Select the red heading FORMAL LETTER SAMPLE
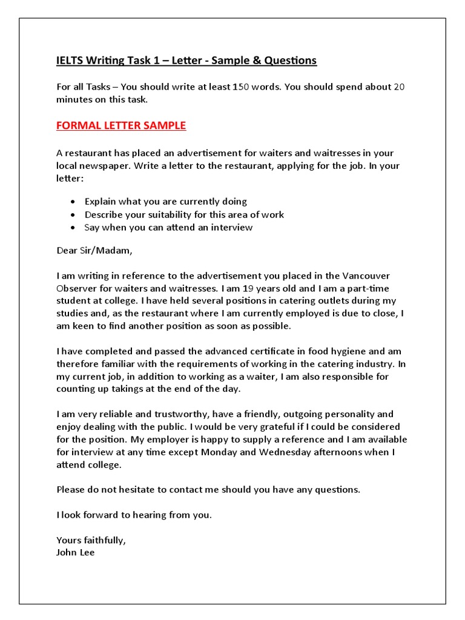point(121,126)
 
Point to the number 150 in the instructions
point(240,87)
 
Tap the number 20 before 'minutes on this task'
point(399,87)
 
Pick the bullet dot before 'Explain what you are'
point(73,202)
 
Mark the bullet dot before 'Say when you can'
point(73,228)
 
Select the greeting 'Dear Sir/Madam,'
point(94,250)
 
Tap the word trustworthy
point(173,414)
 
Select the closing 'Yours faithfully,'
point(91,540)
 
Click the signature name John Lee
point(76,553)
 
